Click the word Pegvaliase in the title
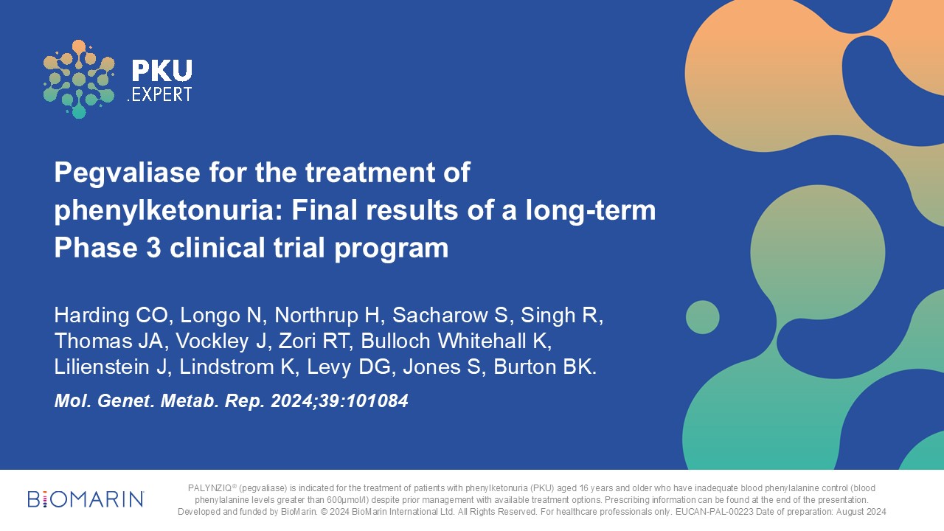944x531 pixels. point(127,173)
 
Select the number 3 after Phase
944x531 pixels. point(153,247)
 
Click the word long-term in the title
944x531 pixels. point(591,211)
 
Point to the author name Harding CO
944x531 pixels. point(111,315)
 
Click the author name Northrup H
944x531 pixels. point(327,315)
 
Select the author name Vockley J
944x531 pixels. point(221,341)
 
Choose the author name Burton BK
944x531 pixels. point(544,367)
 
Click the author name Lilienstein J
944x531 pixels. point(111,367)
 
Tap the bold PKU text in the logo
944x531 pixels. point(162,70)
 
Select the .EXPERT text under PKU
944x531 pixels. point(160,94)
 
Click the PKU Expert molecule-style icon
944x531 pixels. point(79,79)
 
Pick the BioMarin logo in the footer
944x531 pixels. point(86,499)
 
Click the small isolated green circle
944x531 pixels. point(703,317)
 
